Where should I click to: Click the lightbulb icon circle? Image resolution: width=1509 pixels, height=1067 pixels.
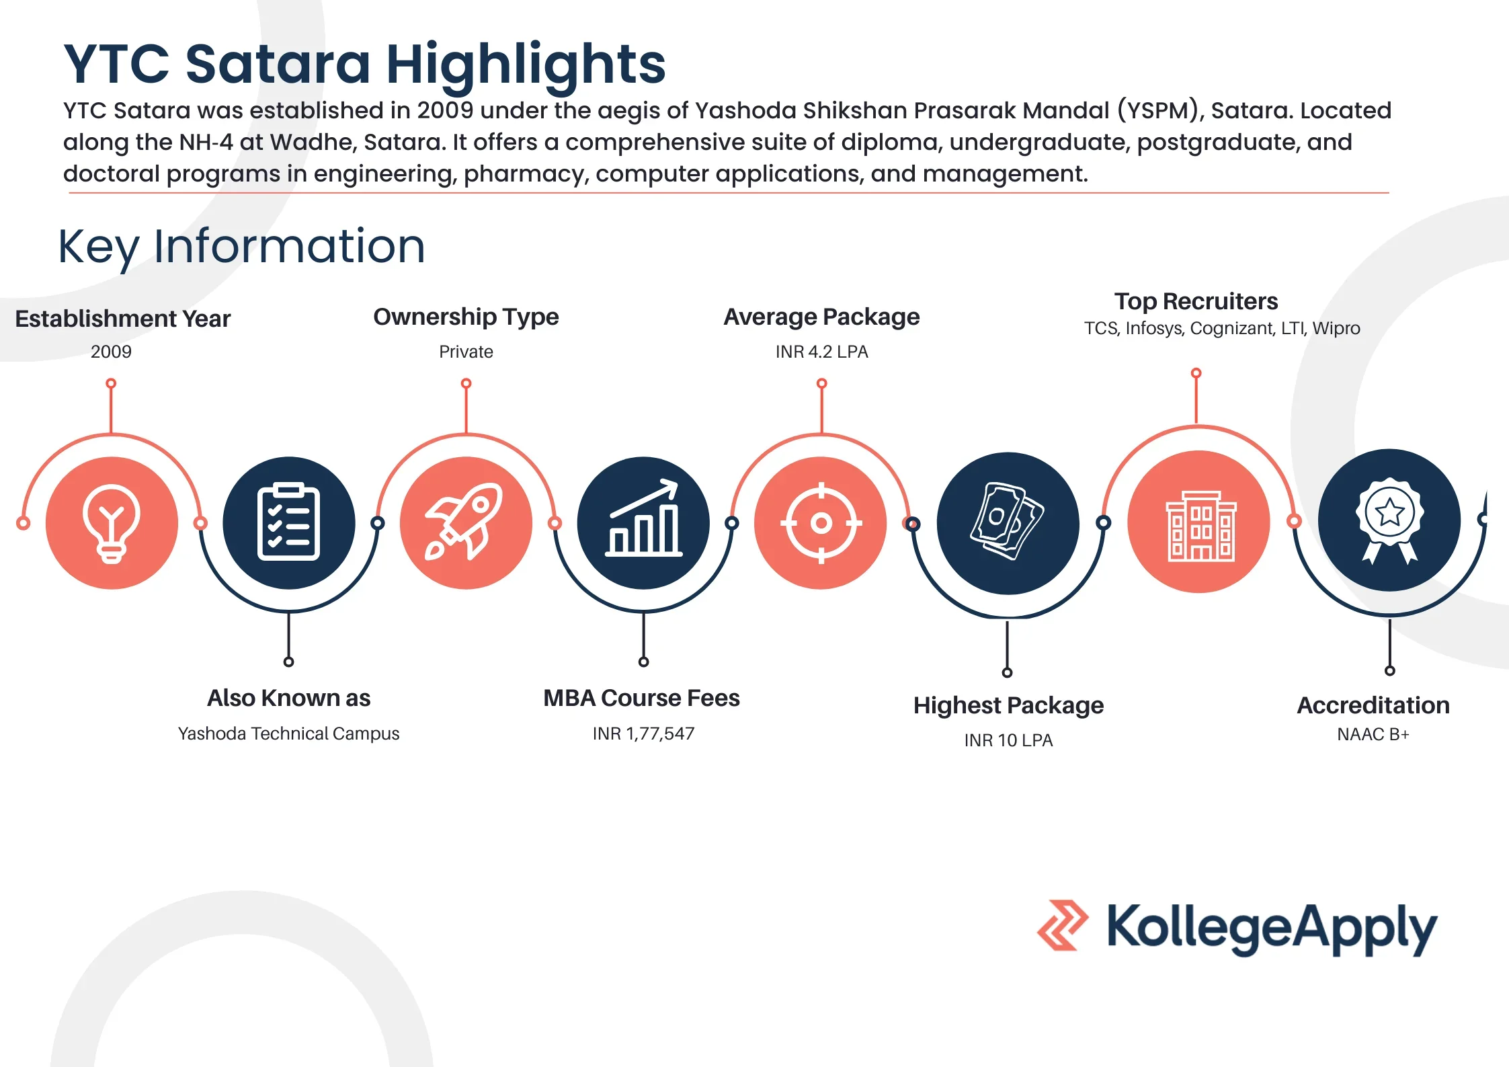click(112, 522)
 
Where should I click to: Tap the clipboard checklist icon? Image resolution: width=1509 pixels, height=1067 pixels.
click(288, 522)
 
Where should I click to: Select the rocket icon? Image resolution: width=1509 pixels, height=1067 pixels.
click(465, 522)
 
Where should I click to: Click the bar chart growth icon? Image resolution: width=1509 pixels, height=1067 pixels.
click(643, 522)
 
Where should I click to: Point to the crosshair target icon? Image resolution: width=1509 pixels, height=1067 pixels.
click(821, 522)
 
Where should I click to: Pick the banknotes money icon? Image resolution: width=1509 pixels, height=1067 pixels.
click(1007, 522)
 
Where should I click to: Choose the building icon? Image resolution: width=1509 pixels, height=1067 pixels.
click(1198, 522)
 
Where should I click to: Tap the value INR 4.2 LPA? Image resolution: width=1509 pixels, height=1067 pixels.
click(821, 352)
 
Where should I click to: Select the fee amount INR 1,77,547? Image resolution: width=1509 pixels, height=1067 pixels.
click(643, 734)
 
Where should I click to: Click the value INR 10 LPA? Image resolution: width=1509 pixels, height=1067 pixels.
click(1008, 740)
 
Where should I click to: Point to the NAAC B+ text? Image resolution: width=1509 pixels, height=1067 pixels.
click(1373, 734)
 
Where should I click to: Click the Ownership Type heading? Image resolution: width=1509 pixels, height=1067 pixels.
click(466, 317)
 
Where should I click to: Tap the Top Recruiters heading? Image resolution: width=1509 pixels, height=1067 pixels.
click(1196, 301)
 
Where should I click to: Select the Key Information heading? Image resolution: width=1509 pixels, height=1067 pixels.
click(241, 247)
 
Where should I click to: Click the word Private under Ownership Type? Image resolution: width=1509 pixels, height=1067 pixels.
click(466, 352)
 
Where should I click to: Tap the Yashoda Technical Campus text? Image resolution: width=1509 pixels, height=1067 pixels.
click(288, 734)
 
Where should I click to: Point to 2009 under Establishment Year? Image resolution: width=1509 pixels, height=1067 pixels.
click(111, 352)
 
